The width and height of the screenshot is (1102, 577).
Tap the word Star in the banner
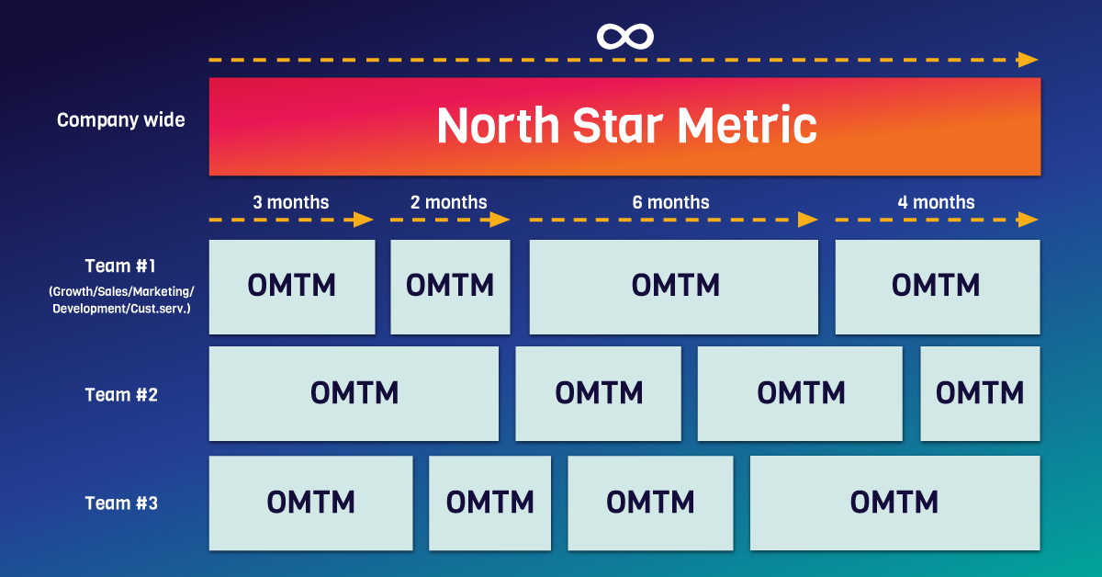tap(618, 126)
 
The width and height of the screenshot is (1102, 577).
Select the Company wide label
tap(121, 120)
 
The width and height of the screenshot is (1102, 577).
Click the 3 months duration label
tap(291, 202)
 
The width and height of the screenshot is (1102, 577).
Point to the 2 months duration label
tap(449, 202)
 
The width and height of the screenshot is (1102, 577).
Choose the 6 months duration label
tap(670, 202)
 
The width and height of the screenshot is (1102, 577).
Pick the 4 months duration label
tap(936, 202)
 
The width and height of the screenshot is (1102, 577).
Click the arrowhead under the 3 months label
tap(363, 220)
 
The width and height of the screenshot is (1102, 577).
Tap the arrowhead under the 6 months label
tap(807, 220)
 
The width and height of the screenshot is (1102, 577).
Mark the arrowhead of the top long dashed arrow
tap(1028, 60)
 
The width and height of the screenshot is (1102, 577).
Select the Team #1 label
tap(120, 266)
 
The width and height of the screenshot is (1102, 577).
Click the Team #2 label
tap(121, 395)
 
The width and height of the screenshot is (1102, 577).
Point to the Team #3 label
tap(121, 503)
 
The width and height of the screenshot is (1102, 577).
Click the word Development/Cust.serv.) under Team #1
tap(121, 309)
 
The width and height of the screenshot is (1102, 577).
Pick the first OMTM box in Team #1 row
tap(292, 287)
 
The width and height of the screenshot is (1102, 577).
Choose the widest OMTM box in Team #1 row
tap(674, 287)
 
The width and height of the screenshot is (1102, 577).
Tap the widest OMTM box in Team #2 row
tap(354, 394)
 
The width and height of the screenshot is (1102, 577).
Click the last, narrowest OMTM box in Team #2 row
tap(980, 394)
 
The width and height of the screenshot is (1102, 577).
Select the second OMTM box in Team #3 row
tap(490, 503)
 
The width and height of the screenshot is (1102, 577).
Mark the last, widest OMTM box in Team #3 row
tap(894, 503)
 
